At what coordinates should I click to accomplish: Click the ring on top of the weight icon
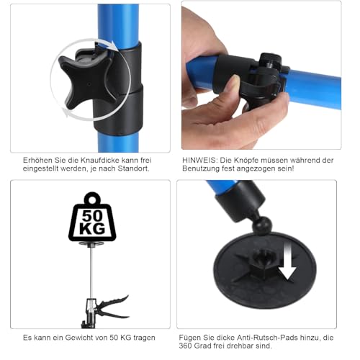pyautogui.click(x=92, y=197)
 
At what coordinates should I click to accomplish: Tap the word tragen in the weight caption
pyautogui.click(x=153, y=336)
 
